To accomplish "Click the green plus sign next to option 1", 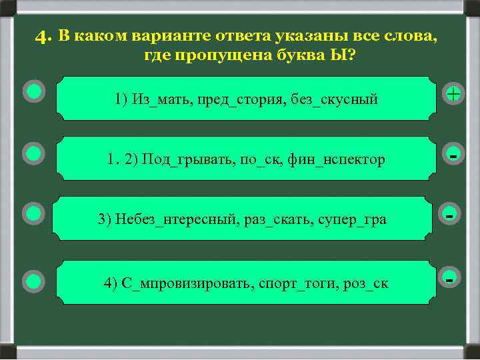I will pyautogui.click(x=453, y=94).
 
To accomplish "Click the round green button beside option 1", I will pyautogui.click(x=33, y=91).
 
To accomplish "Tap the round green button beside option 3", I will pyautogui.click(x=33, y=213).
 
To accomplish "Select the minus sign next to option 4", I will pyautogui.click(x=451, y=279).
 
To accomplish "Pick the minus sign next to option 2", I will pyautogui.click(x=453, y=155).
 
